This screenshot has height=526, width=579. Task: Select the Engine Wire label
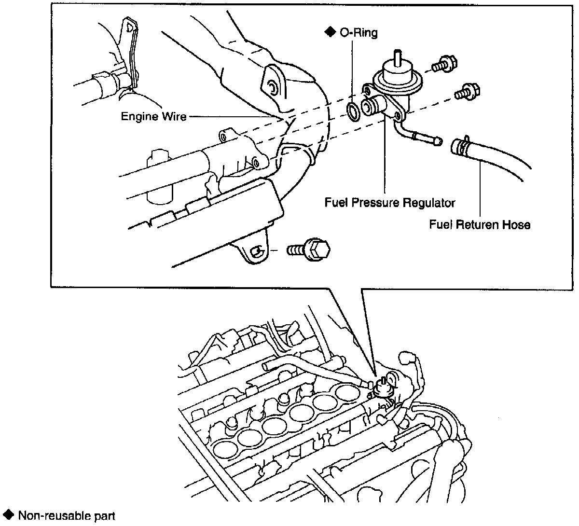point(153,116)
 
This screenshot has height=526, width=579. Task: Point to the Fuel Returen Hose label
point(480,224)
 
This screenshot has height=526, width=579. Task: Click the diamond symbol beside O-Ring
point(330,32)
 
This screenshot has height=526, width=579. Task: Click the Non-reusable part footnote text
point(67,515)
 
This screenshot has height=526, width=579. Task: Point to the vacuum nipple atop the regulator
point(397,55)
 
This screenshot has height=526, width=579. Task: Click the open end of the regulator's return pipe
point(438,141)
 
